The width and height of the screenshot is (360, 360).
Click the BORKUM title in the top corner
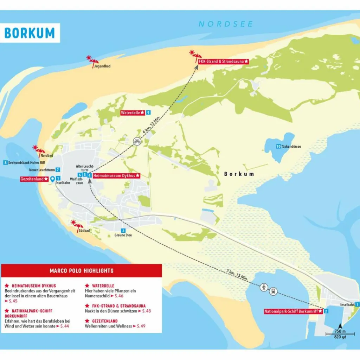30,33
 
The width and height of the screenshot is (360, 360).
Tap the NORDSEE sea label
225,24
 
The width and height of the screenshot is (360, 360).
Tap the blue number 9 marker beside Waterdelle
148,112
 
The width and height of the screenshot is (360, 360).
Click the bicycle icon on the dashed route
137,141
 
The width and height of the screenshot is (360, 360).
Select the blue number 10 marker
278,146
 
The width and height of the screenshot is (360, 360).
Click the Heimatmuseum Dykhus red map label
117,175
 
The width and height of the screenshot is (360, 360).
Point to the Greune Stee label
123,235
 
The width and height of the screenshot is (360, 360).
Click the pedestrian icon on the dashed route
264,287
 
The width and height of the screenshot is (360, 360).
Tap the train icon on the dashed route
273,291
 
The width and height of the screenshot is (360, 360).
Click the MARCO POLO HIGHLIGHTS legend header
82,270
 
